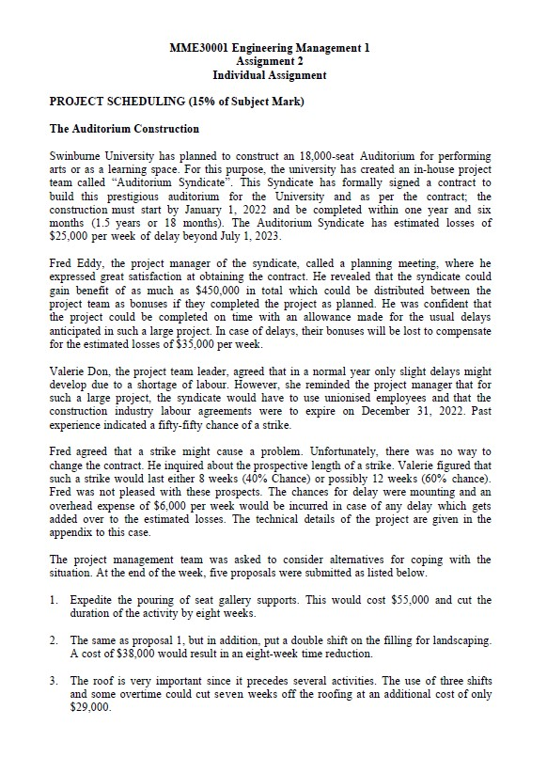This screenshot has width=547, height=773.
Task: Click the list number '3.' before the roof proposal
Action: pos(55,679)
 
